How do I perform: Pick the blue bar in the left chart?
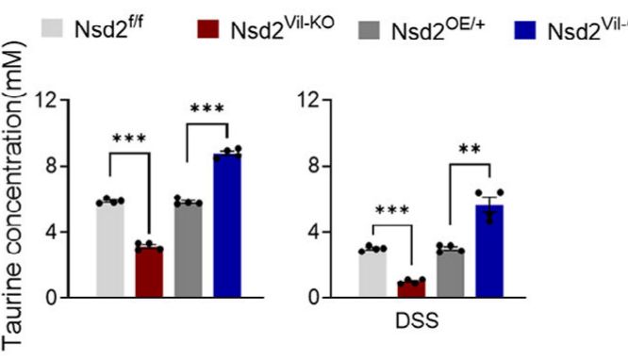(x=226, y=226)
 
